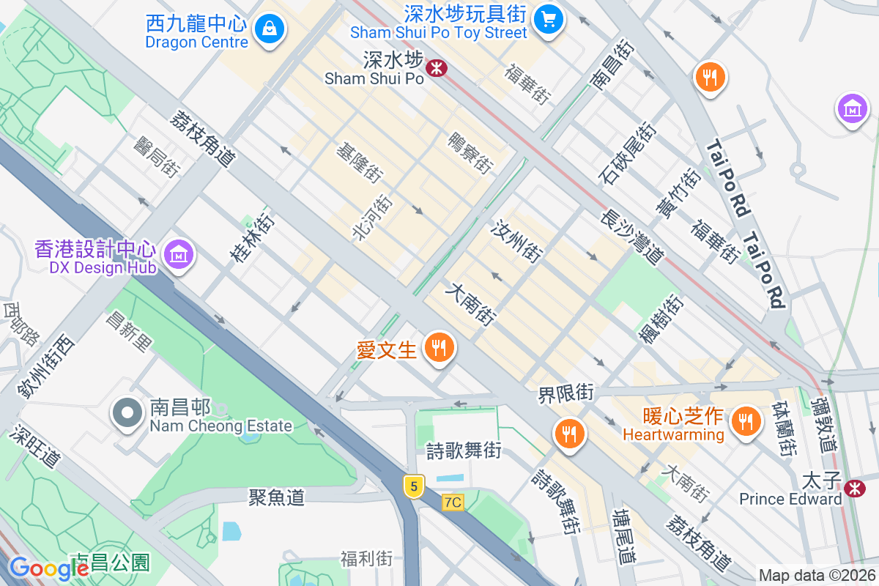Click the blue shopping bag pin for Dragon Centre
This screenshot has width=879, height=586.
[270, 29]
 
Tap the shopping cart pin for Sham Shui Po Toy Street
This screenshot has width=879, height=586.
[547, 18]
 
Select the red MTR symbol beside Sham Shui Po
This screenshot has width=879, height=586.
[437, 69]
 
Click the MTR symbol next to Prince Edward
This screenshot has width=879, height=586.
[854, 489]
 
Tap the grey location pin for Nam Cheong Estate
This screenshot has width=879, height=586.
[127, 412]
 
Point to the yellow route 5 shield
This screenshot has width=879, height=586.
[414, 486]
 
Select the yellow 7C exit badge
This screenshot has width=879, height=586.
[453, 502]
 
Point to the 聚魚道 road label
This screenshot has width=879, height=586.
[276, 497]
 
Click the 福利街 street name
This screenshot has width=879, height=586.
[366, 559]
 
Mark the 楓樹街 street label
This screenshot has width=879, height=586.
[661, 319]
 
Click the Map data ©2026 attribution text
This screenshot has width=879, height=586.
[816, 576]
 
